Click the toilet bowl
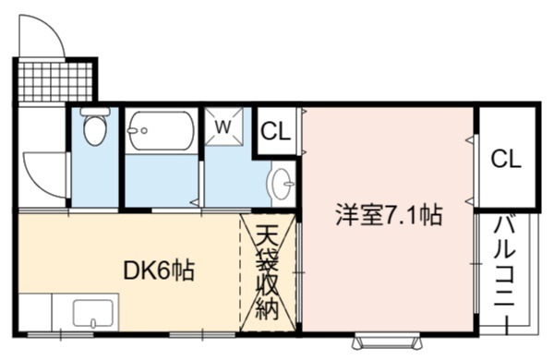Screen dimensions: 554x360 point(95,129)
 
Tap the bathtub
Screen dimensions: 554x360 point(161,131)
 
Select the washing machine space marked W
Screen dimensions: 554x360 point(224,126)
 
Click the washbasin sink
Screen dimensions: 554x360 point(282,184)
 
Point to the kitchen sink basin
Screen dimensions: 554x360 point(93,313)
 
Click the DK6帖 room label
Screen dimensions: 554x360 point(159,271)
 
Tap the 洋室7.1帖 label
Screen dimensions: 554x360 point(389,215)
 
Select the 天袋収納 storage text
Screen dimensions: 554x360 point(267,272)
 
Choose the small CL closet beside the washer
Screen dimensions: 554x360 point(275,131)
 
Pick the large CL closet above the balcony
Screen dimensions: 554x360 point(506,159)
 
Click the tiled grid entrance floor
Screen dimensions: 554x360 point(55,82)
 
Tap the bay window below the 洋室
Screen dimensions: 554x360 point(389,342)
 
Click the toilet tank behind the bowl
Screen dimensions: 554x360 point(95,112)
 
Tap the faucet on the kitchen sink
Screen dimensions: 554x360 point(93,323)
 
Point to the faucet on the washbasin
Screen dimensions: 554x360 point(289,184)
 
